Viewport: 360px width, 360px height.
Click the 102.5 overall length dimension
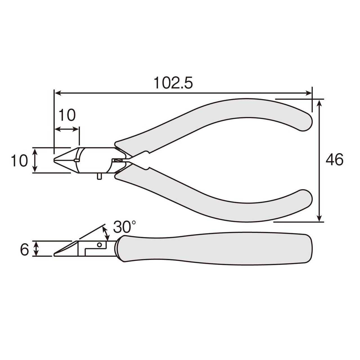[x=173, y=83]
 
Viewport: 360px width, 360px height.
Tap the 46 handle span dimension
[x=334, y=160]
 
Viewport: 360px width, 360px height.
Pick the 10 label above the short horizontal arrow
[x=67, y=115]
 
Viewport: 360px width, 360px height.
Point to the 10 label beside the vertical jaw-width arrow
[x=19, y=161]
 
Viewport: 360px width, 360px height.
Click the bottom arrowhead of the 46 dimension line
[x=320, y=218]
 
